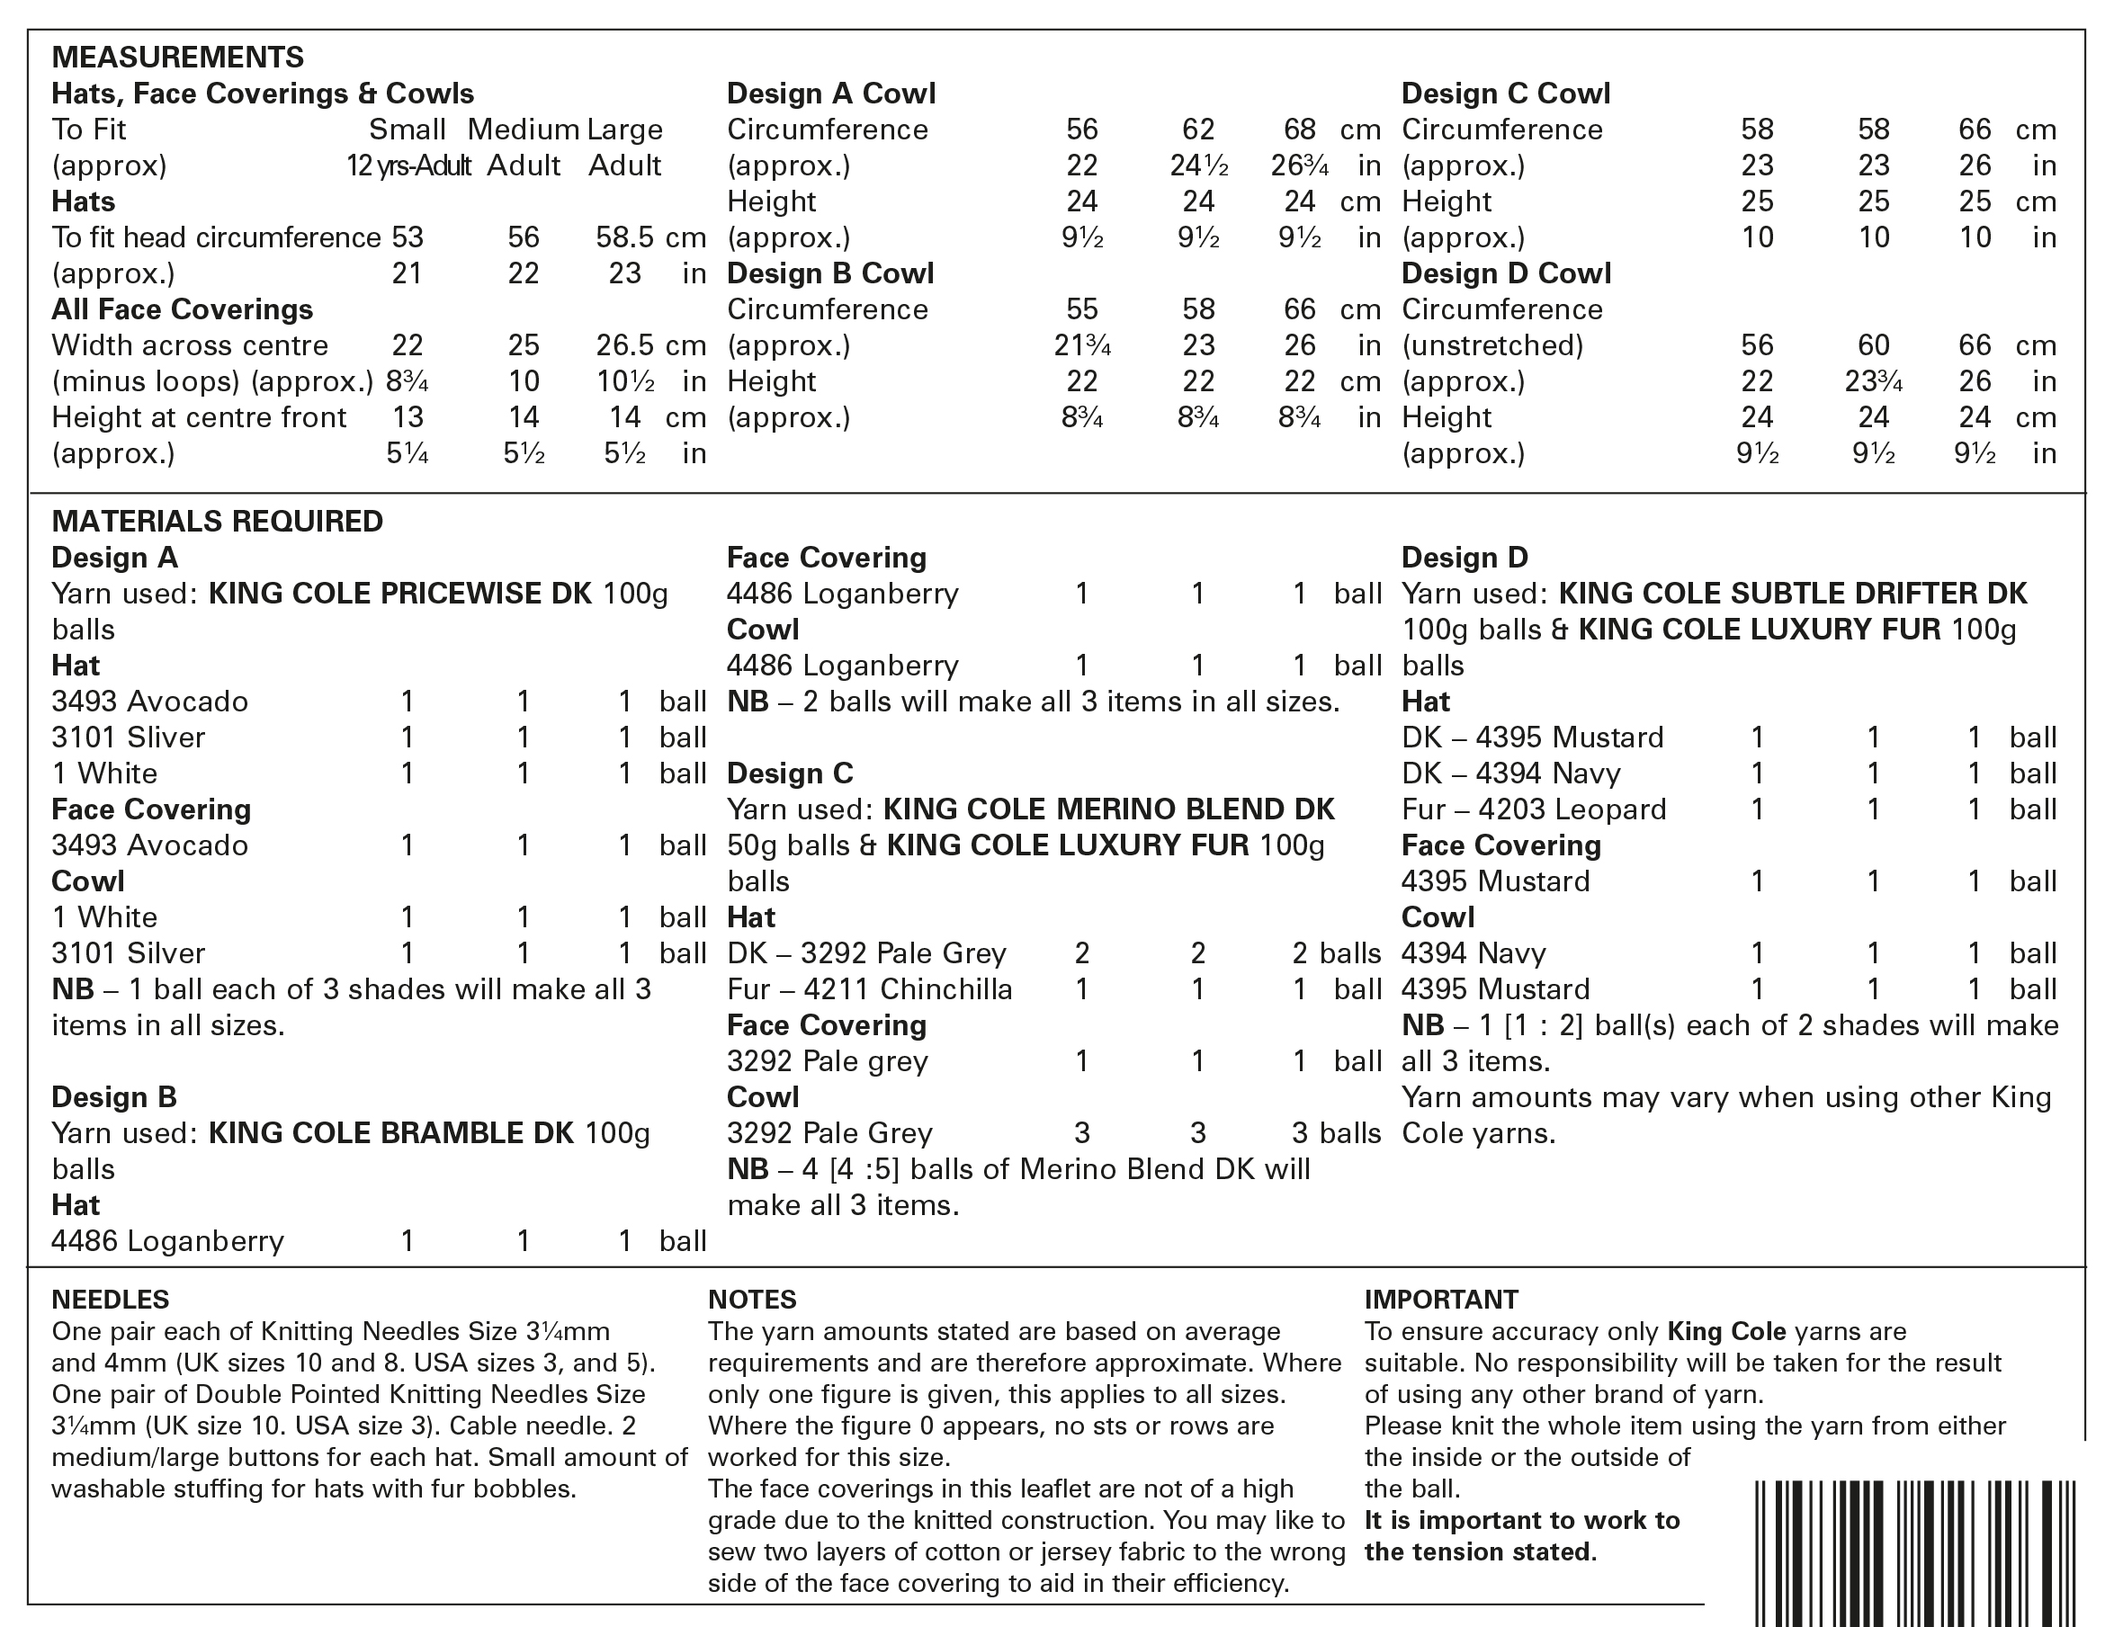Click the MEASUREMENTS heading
coord(177,57)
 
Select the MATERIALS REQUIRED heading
coord(217,522)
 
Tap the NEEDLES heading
coord(111,1299)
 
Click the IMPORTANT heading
coord(1441,1299)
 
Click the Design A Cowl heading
coord(830,93)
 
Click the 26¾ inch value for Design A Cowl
coord(1299,165)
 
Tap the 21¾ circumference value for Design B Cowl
coord(1082,345)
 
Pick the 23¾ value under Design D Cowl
coord(1874,381)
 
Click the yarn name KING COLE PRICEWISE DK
coord(399,594)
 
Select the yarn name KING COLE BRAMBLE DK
coord(391,1132)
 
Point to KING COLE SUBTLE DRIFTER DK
coord(1793,594)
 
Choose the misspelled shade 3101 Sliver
coord(128,738)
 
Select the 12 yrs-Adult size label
coord(408,165)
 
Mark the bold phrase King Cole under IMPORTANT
coord(1726,1331)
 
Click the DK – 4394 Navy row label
coord(1510,773)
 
